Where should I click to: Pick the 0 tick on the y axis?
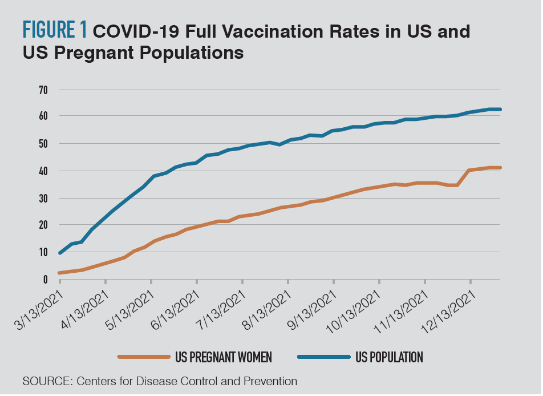coord(45,279)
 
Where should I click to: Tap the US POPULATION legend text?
coord(389,358)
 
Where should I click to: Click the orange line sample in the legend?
coord(144,357)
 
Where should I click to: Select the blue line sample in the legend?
coord(323,357)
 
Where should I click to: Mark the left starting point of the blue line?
coord(59,252)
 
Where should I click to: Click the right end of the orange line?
coord(500,167)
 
